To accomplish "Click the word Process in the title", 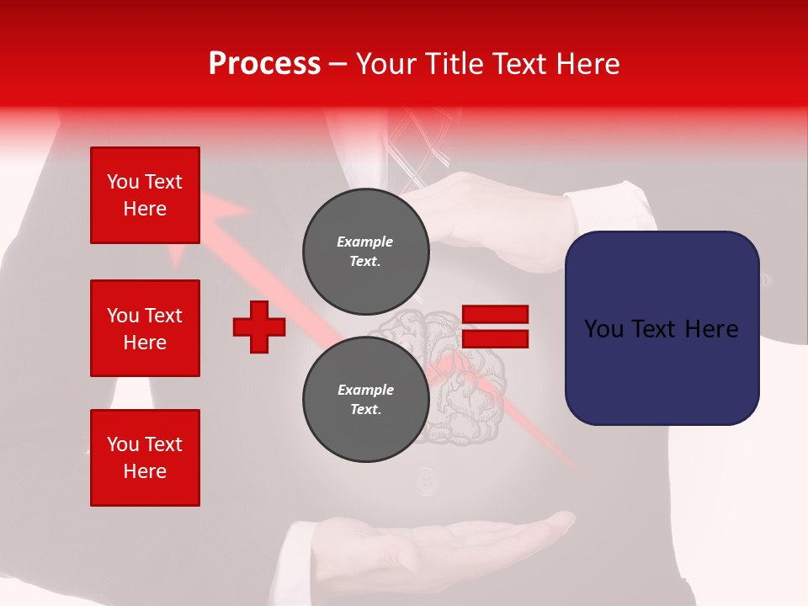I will [x=264, y=64].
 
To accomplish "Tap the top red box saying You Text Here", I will [x=145, y=195].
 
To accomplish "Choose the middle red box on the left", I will [x=145, y=328].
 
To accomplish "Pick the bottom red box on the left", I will [x=145, y=458].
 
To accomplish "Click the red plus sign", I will [x=259, y=327].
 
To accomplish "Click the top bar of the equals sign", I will [x=495, y=315].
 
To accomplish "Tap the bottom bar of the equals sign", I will [x=495, y=339].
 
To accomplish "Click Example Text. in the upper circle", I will [x=365, y=251].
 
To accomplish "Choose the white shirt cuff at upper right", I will [x=610, y=210].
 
